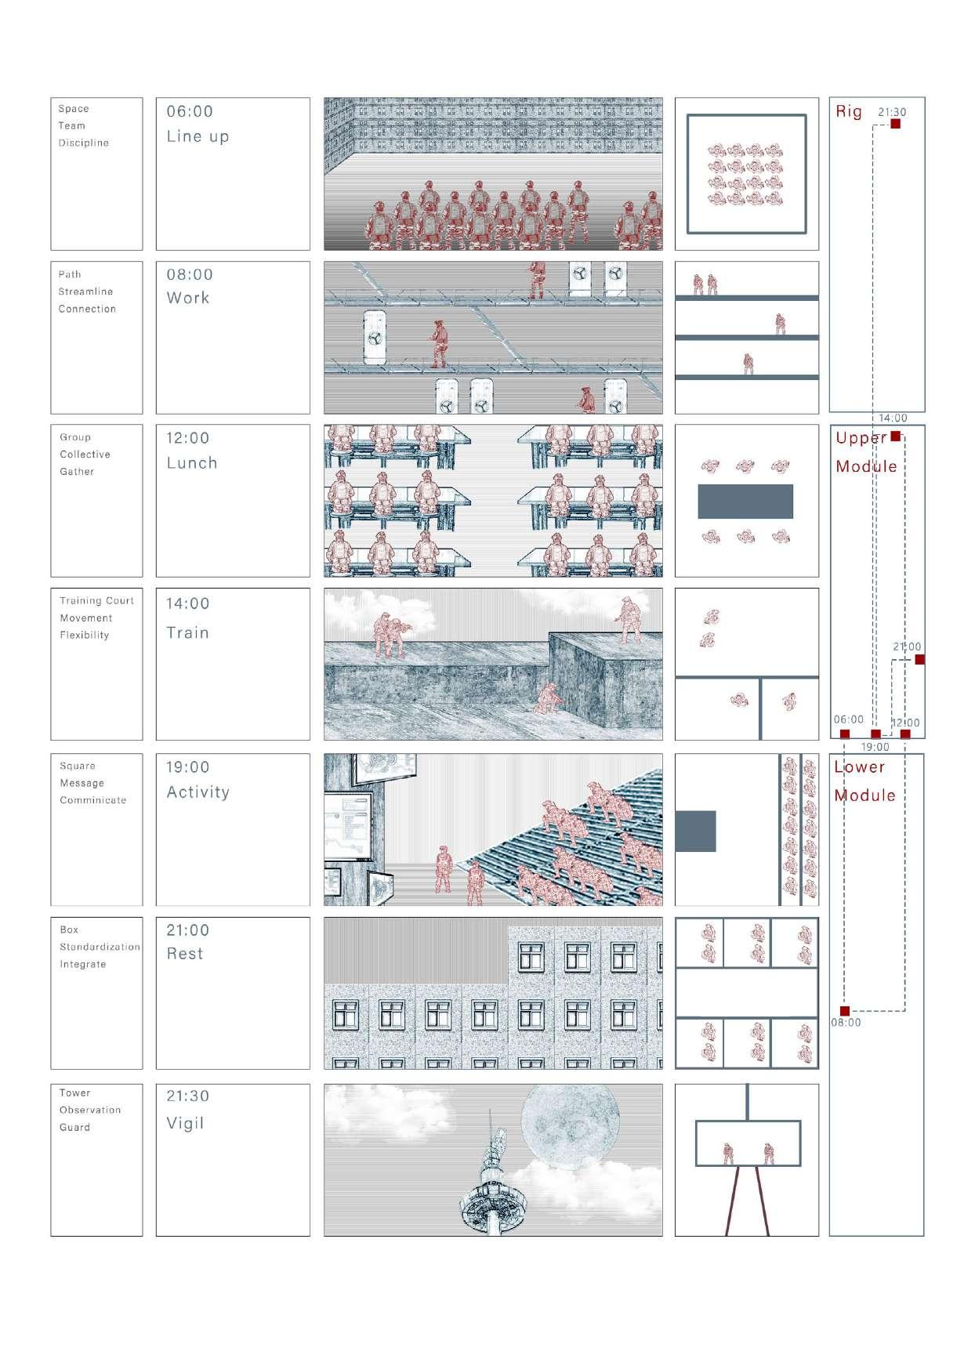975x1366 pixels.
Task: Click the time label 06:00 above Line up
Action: [190, 111]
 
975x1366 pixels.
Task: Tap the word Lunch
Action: [192, 463]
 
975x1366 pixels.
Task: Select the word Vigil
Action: [185, 1123]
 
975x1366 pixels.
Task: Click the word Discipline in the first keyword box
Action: [83, 143]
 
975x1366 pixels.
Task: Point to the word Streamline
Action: [85, 292]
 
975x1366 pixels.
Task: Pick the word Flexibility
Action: [84, 635]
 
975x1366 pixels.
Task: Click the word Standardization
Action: [100, 947]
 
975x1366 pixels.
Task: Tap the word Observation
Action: [90, 1110]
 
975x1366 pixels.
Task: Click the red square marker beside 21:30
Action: [896, 124]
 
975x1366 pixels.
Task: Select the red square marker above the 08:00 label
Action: [845, 1011]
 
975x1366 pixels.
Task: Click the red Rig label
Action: [849, 111]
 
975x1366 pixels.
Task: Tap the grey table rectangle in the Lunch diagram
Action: [745, 502]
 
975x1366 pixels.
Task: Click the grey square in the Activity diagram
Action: [695, 831]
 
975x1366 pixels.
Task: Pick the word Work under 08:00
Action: [188, 298]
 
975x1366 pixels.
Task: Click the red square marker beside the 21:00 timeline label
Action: [919, 659]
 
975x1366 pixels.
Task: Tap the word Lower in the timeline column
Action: [859, 767]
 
